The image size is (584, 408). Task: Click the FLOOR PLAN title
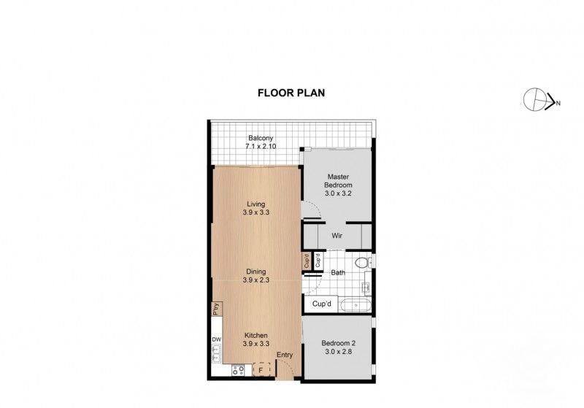point(291,93)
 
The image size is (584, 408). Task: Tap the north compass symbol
point(539,100)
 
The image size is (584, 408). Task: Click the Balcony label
point(261,138)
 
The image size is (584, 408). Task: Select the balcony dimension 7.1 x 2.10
point(261,147)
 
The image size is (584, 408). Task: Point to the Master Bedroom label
point(339,181)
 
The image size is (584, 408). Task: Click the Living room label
point(255,204)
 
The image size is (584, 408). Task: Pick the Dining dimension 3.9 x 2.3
point(255,280)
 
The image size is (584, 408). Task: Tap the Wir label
point(337,236)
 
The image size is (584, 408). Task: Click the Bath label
point(338,273)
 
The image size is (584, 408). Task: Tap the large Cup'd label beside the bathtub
point(322,304)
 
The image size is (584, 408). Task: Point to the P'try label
point(216,309)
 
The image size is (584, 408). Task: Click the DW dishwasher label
point(216,339)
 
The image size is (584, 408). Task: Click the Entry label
point(285,355)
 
